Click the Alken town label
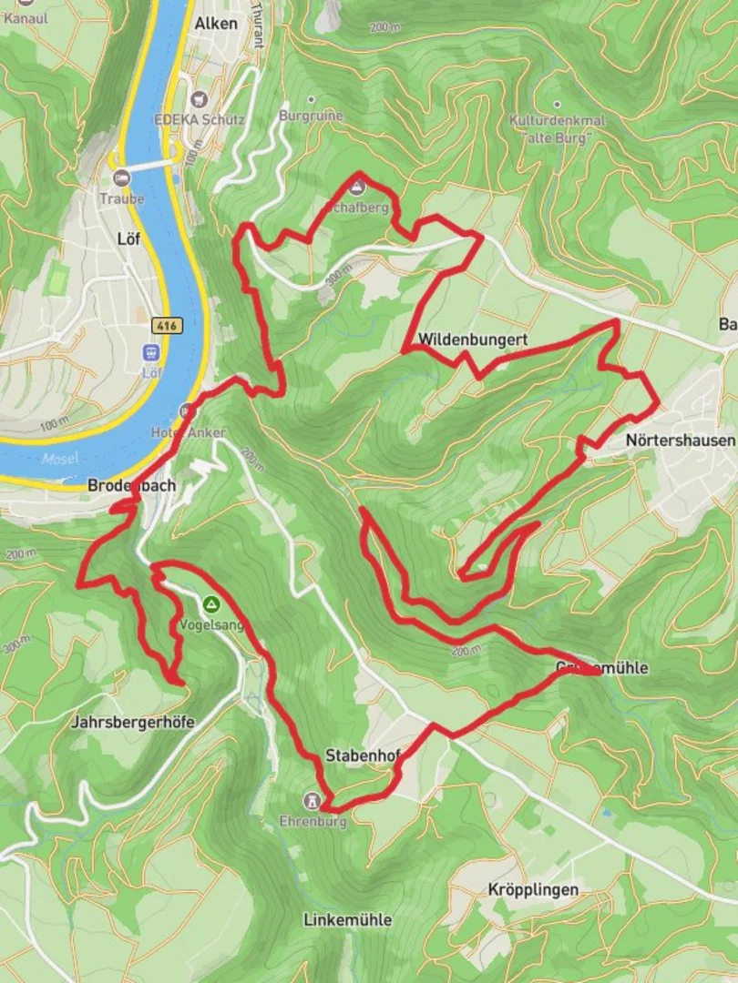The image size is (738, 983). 216,24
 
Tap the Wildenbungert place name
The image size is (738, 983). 473,340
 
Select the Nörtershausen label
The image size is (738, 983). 680,441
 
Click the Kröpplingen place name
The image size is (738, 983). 533,889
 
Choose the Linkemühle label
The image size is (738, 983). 347,920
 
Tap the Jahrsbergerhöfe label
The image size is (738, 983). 132,723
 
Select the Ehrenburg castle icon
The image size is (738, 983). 313,801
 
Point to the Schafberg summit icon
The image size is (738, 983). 356,188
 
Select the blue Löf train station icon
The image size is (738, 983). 150,352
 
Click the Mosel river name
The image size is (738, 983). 59,458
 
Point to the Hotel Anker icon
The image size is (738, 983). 188,411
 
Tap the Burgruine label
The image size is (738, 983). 311,117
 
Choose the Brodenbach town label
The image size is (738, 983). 131,486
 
